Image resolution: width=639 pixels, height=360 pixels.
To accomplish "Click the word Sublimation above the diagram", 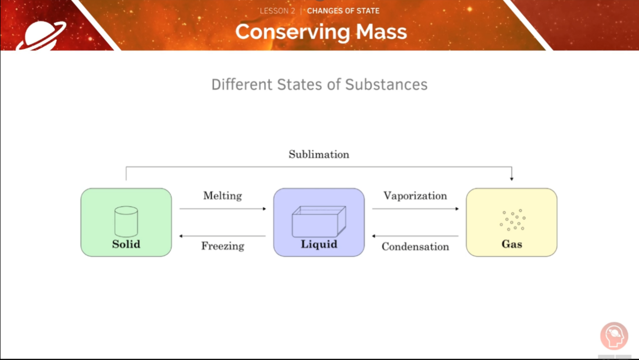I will [319, 154].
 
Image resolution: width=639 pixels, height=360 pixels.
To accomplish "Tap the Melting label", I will [222, 196].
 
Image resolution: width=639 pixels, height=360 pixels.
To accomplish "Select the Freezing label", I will [223, 246].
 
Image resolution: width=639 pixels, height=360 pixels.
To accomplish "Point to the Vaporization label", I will [415, 196].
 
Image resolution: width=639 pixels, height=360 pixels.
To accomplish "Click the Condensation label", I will [415, 247].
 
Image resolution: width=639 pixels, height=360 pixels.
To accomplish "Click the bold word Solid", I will [126, 244].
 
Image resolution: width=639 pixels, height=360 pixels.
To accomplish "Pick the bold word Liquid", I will [319, 244].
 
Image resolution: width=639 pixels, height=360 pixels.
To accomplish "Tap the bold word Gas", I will [512, 244].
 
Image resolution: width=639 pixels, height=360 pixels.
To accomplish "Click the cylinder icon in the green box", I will [126, 221].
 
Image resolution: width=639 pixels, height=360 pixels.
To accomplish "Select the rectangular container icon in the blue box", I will [319, 222].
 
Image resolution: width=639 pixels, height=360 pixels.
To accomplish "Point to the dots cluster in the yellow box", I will [513, 220].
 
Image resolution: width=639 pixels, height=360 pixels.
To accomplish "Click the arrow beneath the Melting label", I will [223, 209].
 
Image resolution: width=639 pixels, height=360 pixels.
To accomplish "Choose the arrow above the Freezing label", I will [223, 236].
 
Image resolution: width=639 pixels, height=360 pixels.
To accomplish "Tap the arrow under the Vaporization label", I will [415, 209].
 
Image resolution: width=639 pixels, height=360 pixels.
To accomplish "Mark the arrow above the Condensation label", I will [415, 236].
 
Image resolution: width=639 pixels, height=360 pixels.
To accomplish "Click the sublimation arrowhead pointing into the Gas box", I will [512, 178].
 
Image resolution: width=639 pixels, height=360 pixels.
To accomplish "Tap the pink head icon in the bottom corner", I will [614, 336].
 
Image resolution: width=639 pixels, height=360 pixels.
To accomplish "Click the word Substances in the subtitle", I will [386, 84].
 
